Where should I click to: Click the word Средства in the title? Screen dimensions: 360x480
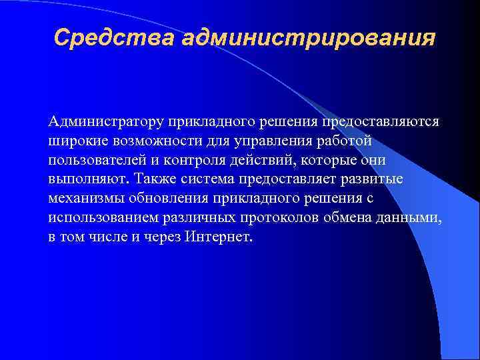click(x=114, y=37)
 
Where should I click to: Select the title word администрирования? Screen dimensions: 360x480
click(x=308, y=37)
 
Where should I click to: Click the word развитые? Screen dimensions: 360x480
click(x=373, y=180)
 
